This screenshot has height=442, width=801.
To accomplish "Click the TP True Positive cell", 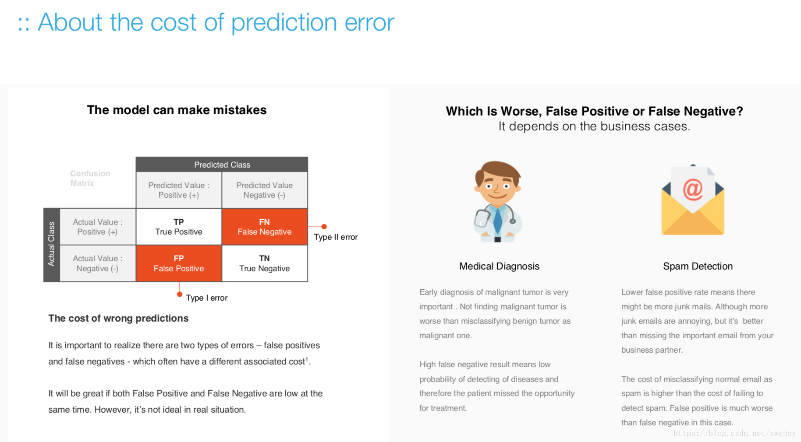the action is click(179, 227).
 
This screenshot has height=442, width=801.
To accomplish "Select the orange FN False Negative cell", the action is click(265, 227).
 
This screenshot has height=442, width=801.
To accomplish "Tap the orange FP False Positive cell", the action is click(179, 263).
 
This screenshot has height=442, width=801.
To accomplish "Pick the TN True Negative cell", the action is click(265, 263).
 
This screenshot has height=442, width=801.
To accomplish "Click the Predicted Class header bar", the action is click(222, 165).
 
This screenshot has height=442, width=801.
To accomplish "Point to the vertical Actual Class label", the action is click(51, 244).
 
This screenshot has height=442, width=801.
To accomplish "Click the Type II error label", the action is click(336, 237).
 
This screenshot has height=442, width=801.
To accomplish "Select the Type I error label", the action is click(207, 298).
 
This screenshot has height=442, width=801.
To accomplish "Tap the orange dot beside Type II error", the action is click(324, 227).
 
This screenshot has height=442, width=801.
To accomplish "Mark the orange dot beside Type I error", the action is click(179, 295).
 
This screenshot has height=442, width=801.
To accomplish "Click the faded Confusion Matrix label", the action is click(90, 178).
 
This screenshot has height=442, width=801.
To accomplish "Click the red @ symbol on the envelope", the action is click(693, 189).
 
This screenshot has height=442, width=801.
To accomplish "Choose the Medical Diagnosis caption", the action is click(499, 266).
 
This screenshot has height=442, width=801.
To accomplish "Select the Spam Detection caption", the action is click(698, 266).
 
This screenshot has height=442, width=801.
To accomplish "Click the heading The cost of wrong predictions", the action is click(118, 318).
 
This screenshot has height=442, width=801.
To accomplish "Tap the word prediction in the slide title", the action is click(284, 23).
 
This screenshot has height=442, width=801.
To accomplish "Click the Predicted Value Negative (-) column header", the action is click(265, 190).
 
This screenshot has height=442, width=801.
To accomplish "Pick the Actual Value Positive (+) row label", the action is click(97, 227).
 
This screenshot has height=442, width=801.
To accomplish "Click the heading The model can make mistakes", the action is click(177, 110).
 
